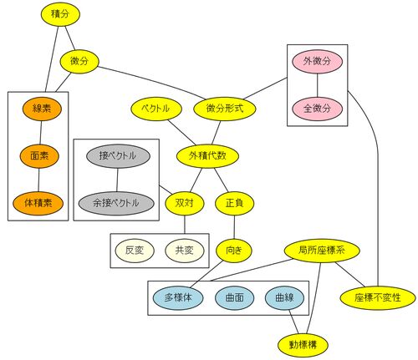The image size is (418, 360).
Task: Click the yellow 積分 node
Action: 60,14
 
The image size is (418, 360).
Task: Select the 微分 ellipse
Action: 79,62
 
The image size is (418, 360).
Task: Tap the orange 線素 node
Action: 42,109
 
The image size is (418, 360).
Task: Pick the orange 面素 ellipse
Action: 39,156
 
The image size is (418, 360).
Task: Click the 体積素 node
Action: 38,204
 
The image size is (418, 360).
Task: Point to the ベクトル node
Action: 156,109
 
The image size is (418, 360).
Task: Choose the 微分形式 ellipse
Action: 225,109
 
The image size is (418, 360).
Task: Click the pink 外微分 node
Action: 317,62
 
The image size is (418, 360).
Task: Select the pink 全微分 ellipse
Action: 317,109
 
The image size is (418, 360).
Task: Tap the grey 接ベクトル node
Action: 118,156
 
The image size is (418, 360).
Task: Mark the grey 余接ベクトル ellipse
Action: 116,204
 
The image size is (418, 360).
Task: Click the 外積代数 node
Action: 207,156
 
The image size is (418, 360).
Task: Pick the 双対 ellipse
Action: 185,204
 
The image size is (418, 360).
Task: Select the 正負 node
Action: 234,204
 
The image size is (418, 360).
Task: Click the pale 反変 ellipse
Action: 135,251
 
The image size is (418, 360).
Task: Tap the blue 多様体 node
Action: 178,298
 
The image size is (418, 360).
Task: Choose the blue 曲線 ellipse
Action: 284,298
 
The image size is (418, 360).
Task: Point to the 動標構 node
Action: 303,346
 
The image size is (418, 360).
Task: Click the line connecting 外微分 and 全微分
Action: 317,85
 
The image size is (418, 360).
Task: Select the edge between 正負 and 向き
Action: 234,227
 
